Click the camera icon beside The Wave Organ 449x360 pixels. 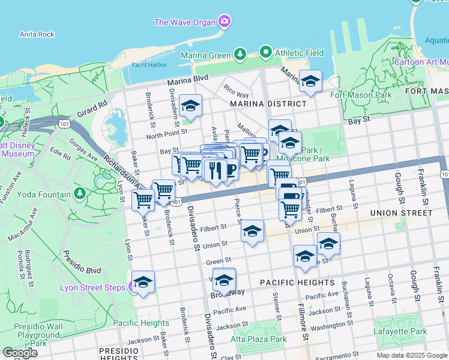pyautogui.click(x=224, y=22)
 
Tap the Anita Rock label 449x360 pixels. pyautogui.click(x=37, y=34)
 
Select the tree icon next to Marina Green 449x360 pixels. pyautogui.click(x=240, y=55)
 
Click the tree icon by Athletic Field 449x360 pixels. pyautogui.click(x=267, y=52)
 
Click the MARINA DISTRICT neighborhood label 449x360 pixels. pyautogui.click(x=268, y=103)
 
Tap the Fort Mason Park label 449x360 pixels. pyautogui.click(x=361, y=95)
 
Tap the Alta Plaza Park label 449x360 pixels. pyautogui.click(x=259, y=339)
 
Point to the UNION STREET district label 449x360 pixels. pyautogui.click(x=401, y=213)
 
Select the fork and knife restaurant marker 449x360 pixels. pyautogui.click(x=214, y=170)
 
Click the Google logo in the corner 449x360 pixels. pyautogui.click(x=20, y=353)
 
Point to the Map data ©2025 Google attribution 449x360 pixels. pyautogui.click(x=411, y=355)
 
